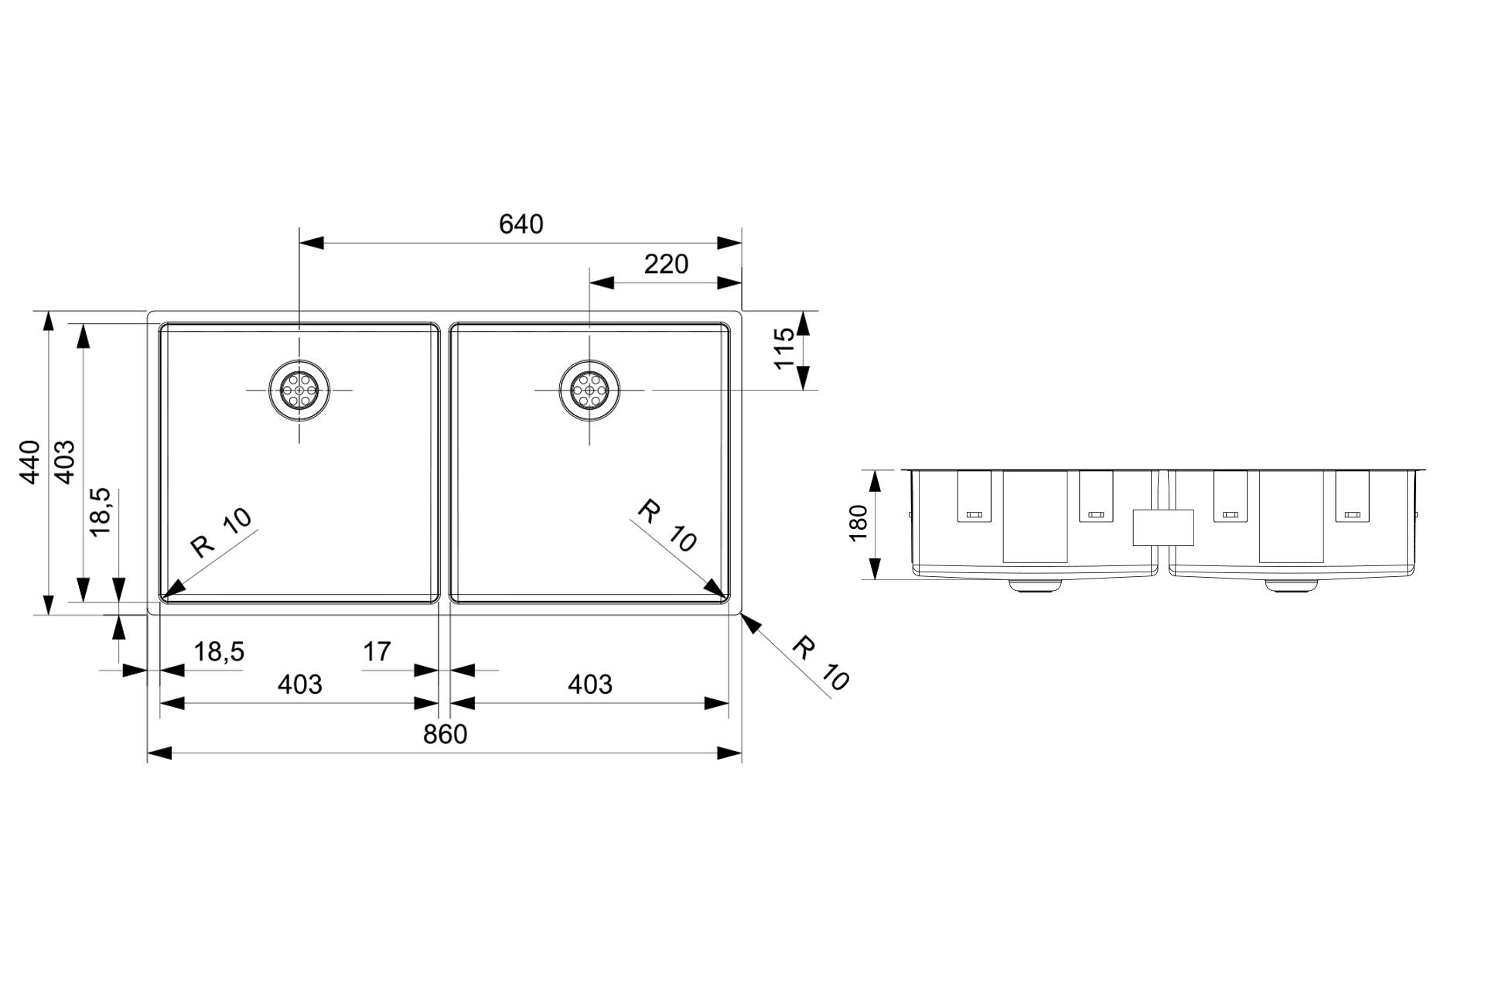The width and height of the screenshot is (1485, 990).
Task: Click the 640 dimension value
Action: (x=521, y=224)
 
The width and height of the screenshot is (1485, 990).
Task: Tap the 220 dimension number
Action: (x=666, y=265)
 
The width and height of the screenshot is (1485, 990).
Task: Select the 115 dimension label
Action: (x=783, y=349)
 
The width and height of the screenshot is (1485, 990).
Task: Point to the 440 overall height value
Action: (x=29, y=462)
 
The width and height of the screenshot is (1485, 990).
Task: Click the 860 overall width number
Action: (x=445, y=734)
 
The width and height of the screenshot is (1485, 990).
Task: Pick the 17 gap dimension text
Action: (x=377, y=652)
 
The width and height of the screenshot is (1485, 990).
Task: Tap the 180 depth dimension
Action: (x=859, y=524)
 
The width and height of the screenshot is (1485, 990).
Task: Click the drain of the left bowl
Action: (x=299, y=390)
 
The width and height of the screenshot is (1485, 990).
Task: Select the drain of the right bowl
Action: (x=589, y=390)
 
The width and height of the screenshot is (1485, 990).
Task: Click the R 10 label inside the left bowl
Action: (x=222, y=532)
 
